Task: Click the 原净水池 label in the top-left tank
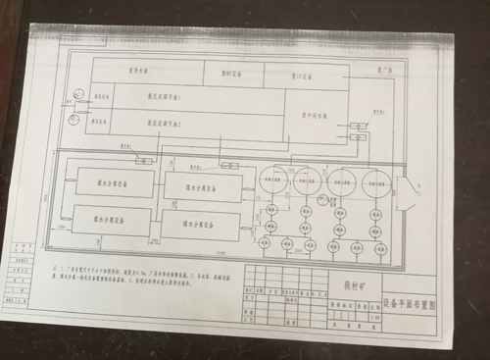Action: (x=147, y=70)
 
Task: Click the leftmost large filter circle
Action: (x=272, y=180)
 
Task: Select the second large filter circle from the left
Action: (x=305, y=180)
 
